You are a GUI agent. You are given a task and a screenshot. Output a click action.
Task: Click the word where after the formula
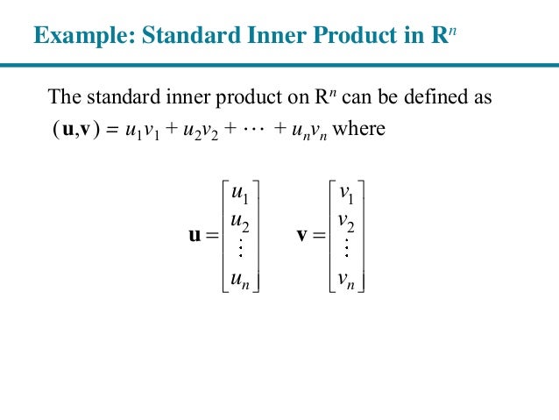359,128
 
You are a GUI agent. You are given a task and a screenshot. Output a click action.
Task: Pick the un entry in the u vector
237,280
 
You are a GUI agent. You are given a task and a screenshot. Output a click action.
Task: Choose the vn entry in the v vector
345,280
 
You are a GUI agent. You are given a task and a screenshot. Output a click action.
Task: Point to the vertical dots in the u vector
238,250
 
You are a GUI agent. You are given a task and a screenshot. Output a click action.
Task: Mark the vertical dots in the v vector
345,250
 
